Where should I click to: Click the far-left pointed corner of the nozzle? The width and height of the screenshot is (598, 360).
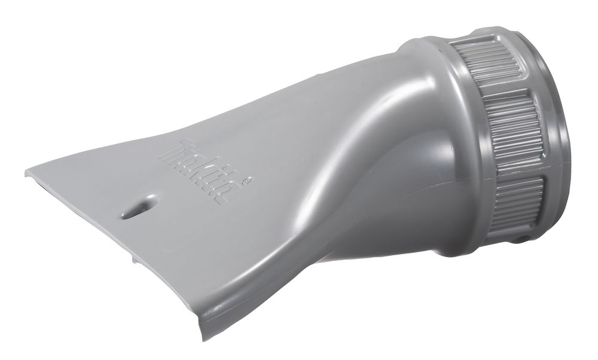28,172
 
